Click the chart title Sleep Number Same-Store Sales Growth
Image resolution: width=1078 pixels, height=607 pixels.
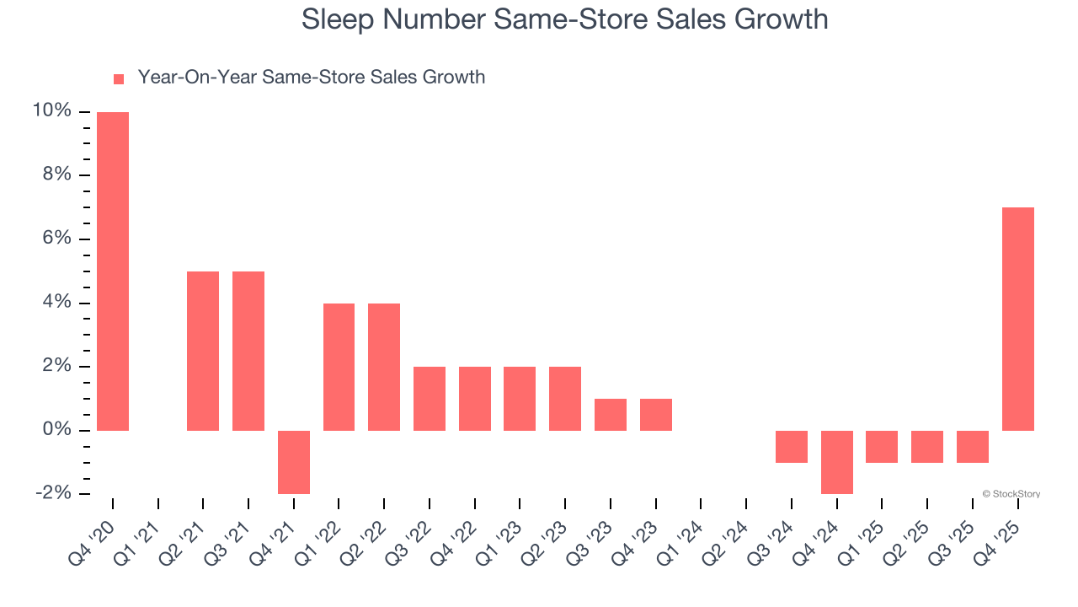pos(564,19)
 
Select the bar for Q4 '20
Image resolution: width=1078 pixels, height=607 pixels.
pos(113,271)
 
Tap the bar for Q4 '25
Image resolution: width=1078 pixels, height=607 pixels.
pos(1017,319)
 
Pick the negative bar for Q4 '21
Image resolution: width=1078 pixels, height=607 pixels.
pos(294,462)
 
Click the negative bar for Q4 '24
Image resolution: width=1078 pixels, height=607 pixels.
pos(836,462)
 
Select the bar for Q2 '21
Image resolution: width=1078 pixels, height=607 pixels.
pos(203,351)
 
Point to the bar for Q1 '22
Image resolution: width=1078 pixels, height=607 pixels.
pos(339,367)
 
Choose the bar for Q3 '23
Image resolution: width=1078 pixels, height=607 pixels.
pos(610,415)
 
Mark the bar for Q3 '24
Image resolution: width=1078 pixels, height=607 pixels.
pos(792,447)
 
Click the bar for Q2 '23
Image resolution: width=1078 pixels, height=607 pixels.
pos(565,399)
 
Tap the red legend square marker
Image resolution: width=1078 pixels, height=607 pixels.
pos(119,79)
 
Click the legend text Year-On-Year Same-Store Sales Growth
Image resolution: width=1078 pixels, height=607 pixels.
pos(311,78)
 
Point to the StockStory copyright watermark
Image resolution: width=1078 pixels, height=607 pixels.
pos(1011,494)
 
